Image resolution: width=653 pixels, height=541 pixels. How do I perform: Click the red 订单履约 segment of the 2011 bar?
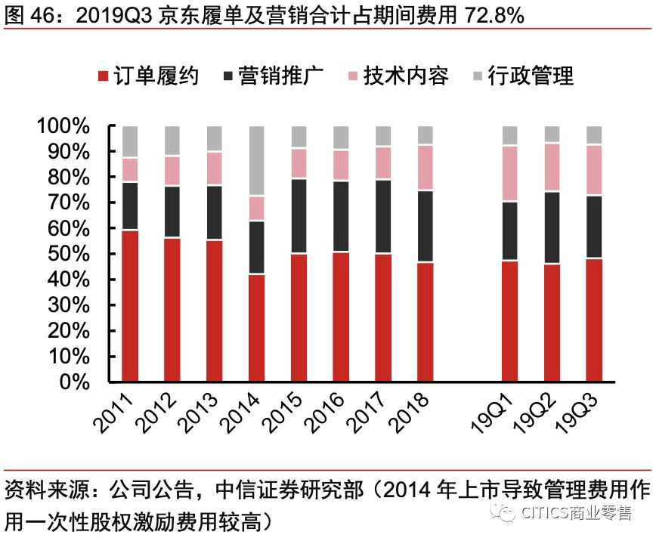coord(130,306)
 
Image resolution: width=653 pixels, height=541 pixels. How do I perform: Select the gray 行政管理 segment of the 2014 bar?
coord(257,161)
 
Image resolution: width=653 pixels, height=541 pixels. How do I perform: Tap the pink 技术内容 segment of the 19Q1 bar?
coord(510,174)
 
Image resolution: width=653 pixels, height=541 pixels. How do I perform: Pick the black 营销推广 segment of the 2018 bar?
coord(426,226)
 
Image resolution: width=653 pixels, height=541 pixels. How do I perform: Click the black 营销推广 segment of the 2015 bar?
coord(299,216)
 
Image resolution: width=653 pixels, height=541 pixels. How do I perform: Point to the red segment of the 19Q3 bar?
coord(595,320)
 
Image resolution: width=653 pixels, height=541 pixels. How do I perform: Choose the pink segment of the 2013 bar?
coord(215,168)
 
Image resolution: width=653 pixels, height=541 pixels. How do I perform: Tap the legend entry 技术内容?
coord(398,76)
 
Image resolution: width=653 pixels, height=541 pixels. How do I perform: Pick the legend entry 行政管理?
coord(521,76)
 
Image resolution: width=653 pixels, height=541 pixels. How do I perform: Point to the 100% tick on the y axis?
coord(63,126)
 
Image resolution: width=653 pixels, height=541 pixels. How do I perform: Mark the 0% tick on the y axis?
coord(76,382)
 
